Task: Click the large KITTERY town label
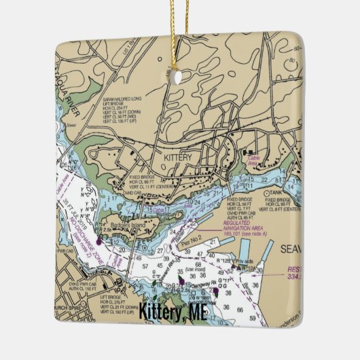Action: point(179,157)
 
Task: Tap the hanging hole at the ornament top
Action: point(179,77)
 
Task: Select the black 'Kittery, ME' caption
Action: point(172,314)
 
